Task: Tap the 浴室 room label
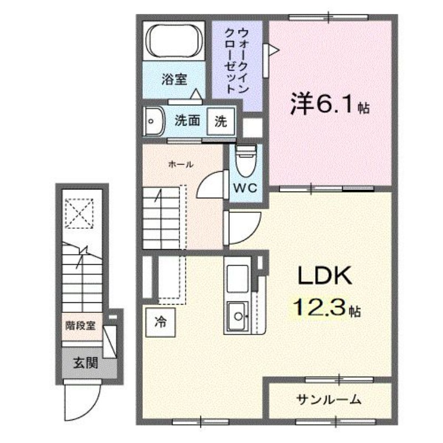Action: pyautogui.click(x=173, y=79)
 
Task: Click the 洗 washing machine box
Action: pyautogui.click(x=220, y=121)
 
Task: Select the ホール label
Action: pyautogui.click(x=180, y=164)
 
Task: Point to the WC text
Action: pyautogui.click(x=244, y=187)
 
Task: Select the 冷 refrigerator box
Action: pyautogui.click(x=160, y=321)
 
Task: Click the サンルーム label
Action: pyautogui.click(x=329, y=399)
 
